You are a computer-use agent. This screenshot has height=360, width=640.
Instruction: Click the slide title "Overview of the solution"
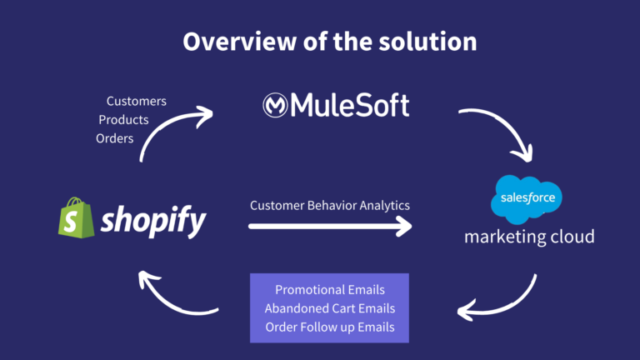tap(330, 42)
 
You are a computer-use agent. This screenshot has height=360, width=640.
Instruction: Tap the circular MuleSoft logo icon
tap(275, 105)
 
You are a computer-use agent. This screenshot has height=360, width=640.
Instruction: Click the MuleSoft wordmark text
tap(350, 105)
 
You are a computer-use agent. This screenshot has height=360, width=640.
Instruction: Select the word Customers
tap(137, 101)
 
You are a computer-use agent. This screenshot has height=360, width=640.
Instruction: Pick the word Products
tap(123, 120)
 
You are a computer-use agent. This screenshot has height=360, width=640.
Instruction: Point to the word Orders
tap(115, 139)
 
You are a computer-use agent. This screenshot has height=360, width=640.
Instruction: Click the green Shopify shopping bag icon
tap(77, 217)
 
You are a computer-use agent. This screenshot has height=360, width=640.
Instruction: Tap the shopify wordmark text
tap(153, 221)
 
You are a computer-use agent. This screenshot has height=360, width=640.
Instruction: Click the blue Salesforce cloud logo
tap(527, 199)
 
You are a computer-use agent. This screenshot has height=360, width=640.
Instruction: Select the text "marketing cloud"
tap(529, 237)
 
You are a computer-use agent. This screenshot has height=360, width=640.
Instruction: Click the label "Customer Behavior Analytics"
tap(330, 206)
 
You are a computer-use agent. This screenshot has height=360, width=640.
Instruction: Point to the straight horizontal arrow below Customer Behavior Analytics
tap(330, 226)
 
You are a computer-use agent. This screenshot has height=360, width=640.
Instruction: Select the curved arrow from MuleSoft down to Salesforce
tap(505, 123)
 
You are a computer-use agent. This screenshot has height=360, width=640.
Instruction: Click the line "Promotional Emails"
tap(330, 290)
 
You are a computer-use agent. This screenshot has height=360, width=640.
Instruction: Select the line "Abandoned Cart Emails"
tap(330, 308)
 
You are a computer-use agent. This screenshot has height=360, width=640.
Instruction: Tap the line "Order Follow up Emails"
tap(330, 327)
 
